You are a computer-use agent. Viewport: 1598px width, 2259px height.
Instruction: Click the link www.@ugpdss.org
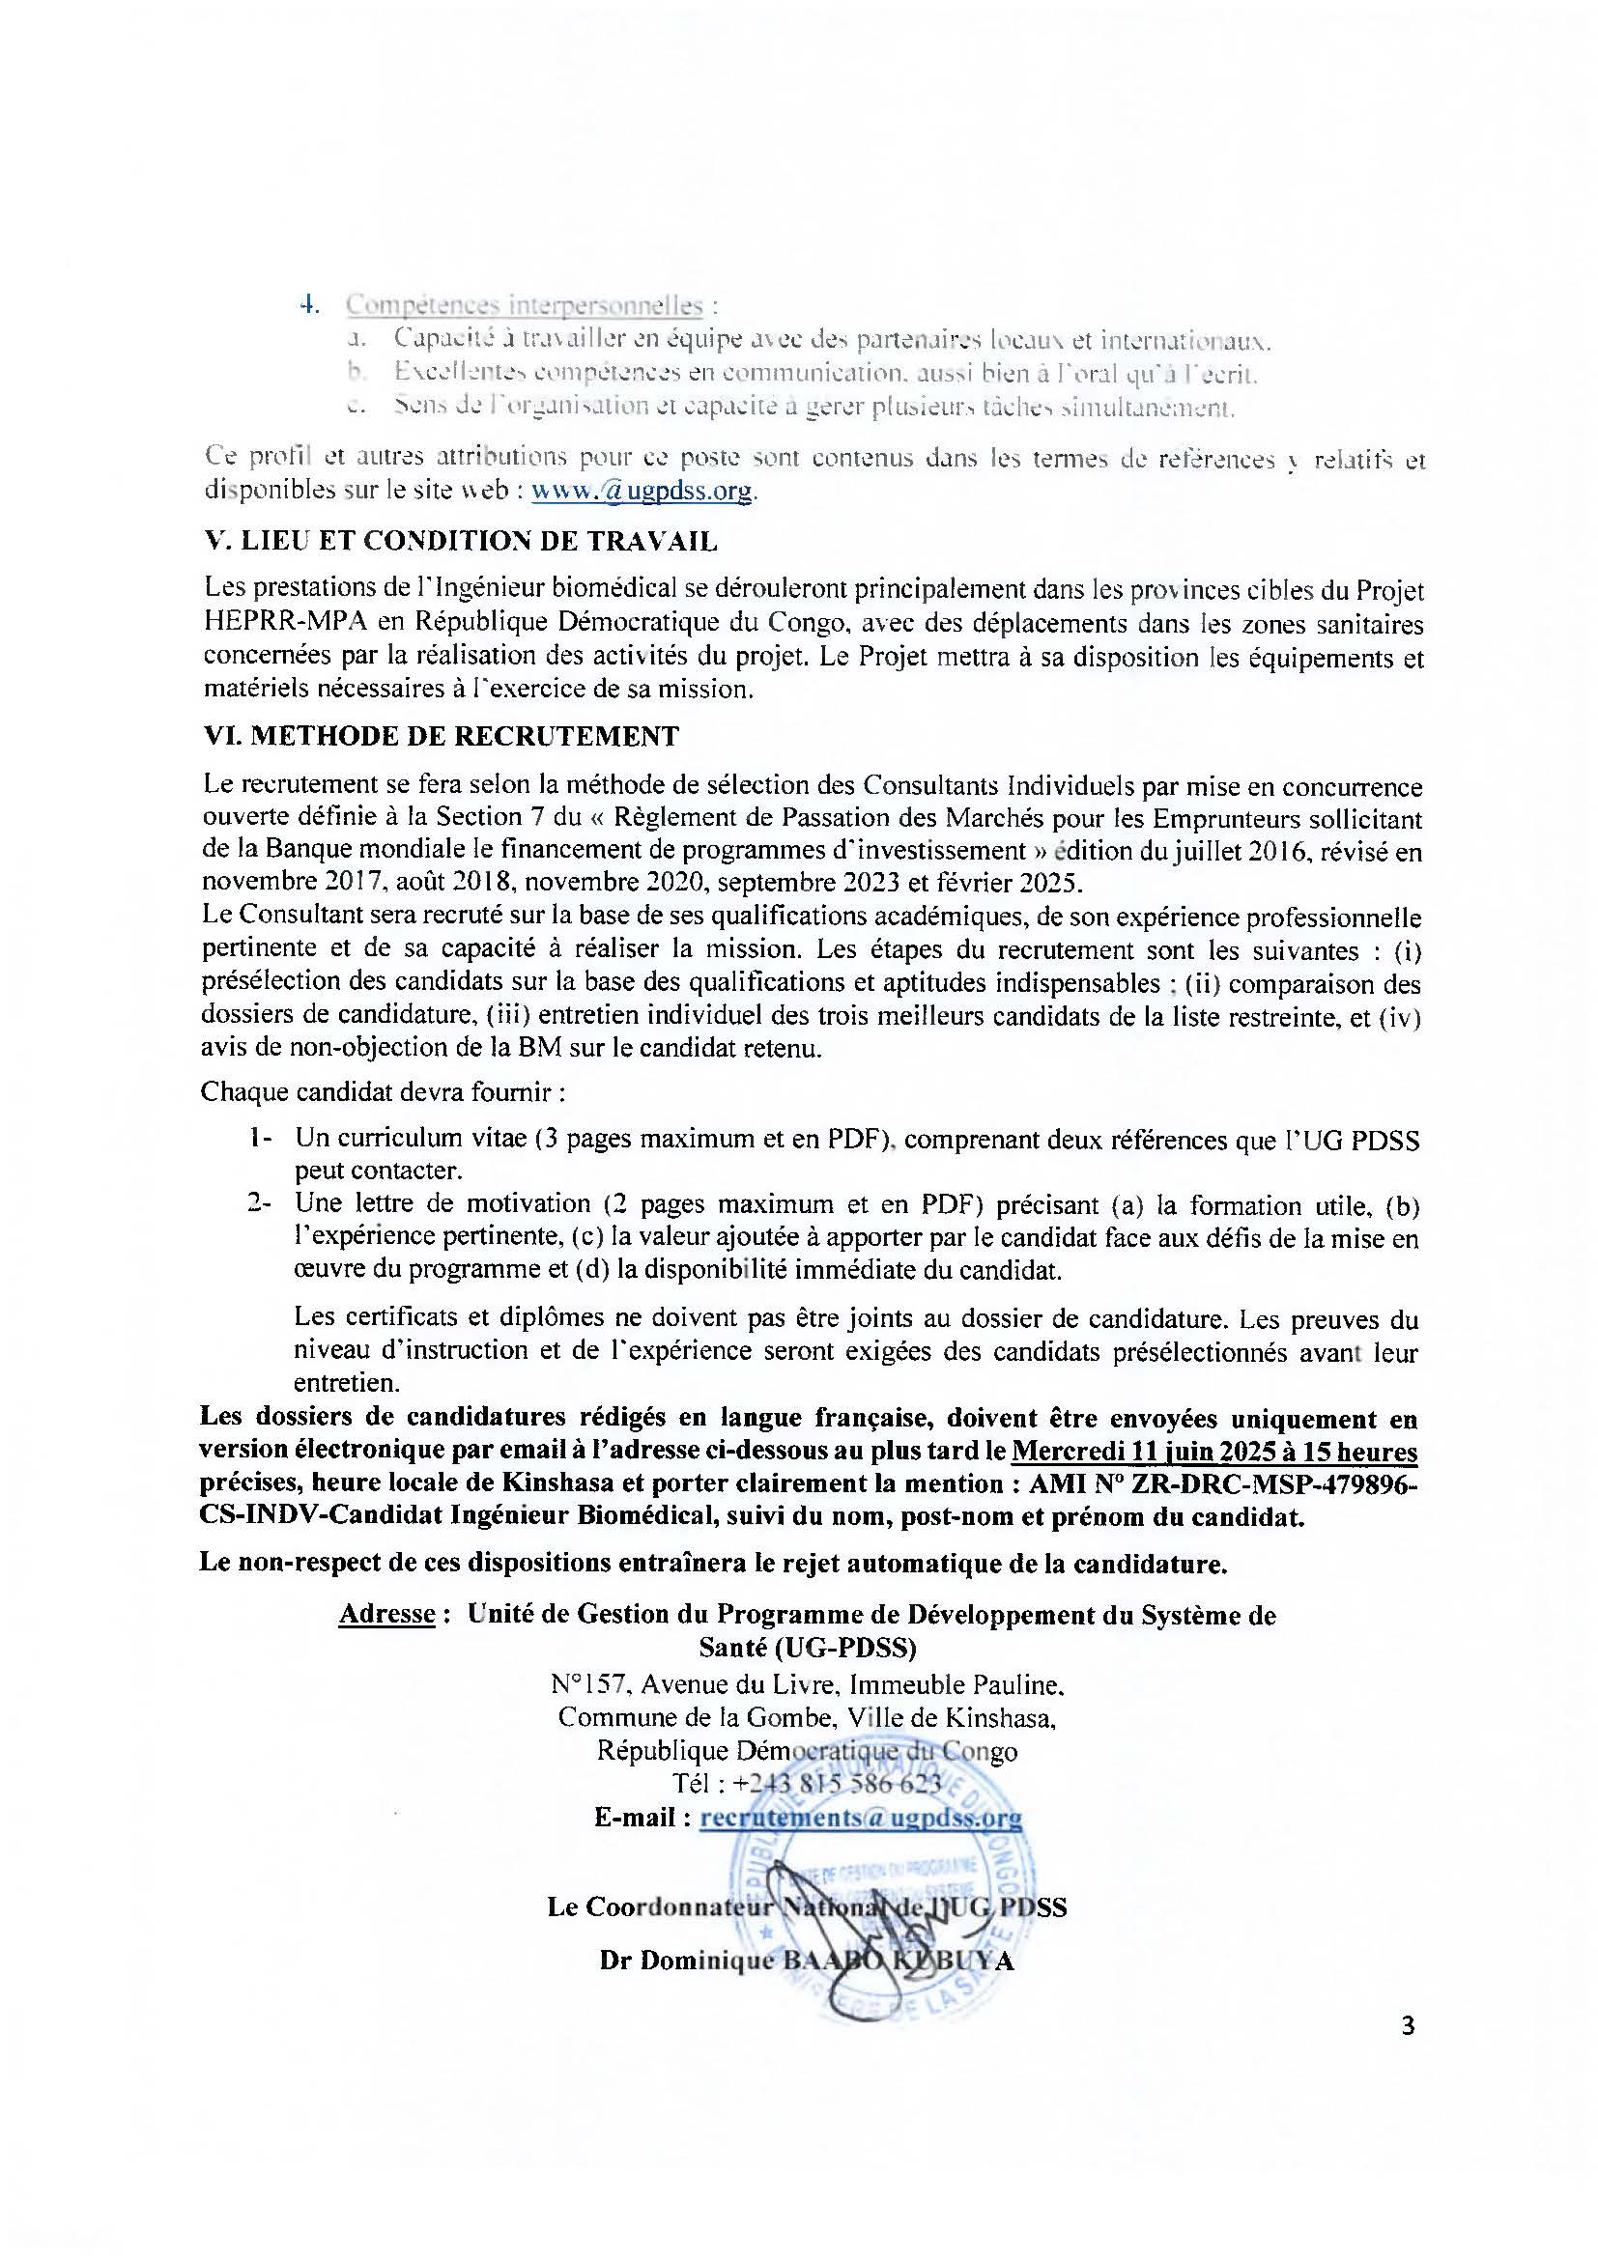click(642, 490)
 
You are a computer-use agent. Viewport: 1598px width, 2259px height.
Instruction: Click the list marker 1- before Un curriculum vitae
click(261, 1139)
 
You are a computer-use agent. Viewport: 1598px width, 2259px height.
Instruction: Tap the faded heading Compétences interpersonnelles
click(524, 306)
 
